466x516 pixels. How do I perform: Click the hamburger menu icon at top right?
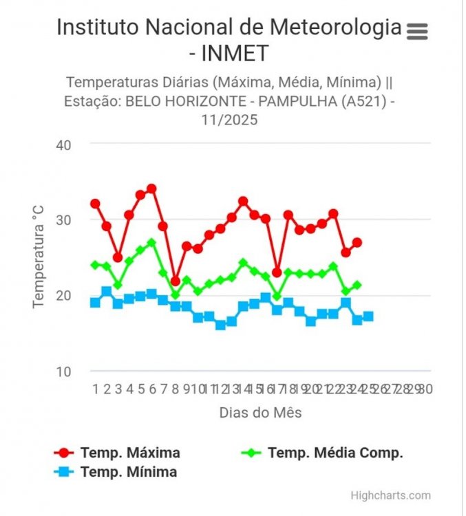click(x=417, y=31)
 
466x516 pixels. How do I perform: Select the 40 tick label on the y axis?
click(x=65, y=144)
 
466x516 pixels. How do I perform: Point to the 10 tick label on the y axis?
click(x=65, y=372)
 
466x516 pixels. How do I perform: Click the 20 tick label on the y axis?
click(x=65, y=296)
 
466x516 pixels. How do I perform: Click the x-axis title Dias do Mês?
click(x=260, y=413)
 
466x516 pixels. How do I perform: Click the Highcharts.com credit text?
click(x=390, y=495)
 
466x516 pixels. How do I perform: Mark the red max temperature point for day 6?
click(x=151, y=189)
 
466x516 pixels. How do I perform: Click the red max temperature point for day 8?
click(x=175, y=281)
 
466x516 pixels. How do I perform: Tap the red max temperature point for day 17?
click(x=277, y=272)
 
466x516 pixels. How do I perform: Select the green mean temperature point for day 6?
click(x=151, y=243)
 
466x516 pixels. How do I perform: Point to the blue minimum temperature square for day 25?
click(x=368, y=316)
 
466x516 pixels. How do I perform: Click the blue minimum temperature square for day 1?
click(x=95, y=303)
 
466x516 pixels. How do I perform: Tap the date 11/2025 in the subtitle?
click(x=229, y=120)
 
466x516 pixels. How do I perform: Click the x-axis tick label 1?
click(x=95, y=389)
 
